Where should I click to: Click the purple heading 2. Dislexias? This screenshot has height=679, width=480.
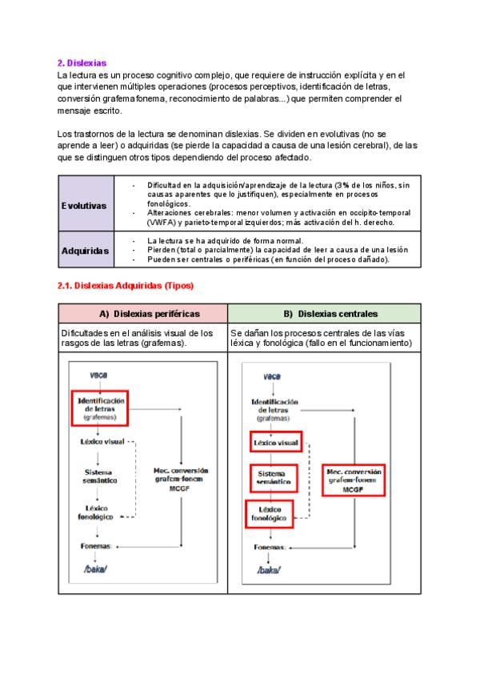[82, 62]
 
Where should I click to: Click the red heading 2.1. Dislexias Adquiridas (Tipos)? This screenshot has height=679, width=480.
[126, 285]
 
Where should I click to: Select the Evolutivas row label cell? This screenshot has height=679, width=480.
[83, 205]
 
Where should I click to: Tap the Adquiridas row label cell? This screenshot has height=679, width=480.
[85, 251]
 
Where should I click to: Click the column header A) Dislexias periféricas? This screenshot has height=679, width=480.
[143, 313]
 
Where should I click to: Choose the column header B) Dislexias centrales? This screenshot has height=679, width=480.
[324, 313]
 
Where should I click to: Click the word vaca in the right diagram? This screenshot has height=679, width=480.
[272, 376]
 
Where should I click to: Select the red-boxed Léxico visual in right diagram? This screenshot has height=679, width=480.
[275, 443]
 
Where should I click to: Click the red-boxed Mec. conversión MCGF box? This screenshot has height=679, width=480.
[354, 479]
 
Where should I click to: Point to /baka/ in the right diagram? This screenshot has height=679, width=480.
[270, 570]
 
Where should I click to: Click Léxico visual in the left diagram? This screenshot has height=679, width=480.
[102, 441]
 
